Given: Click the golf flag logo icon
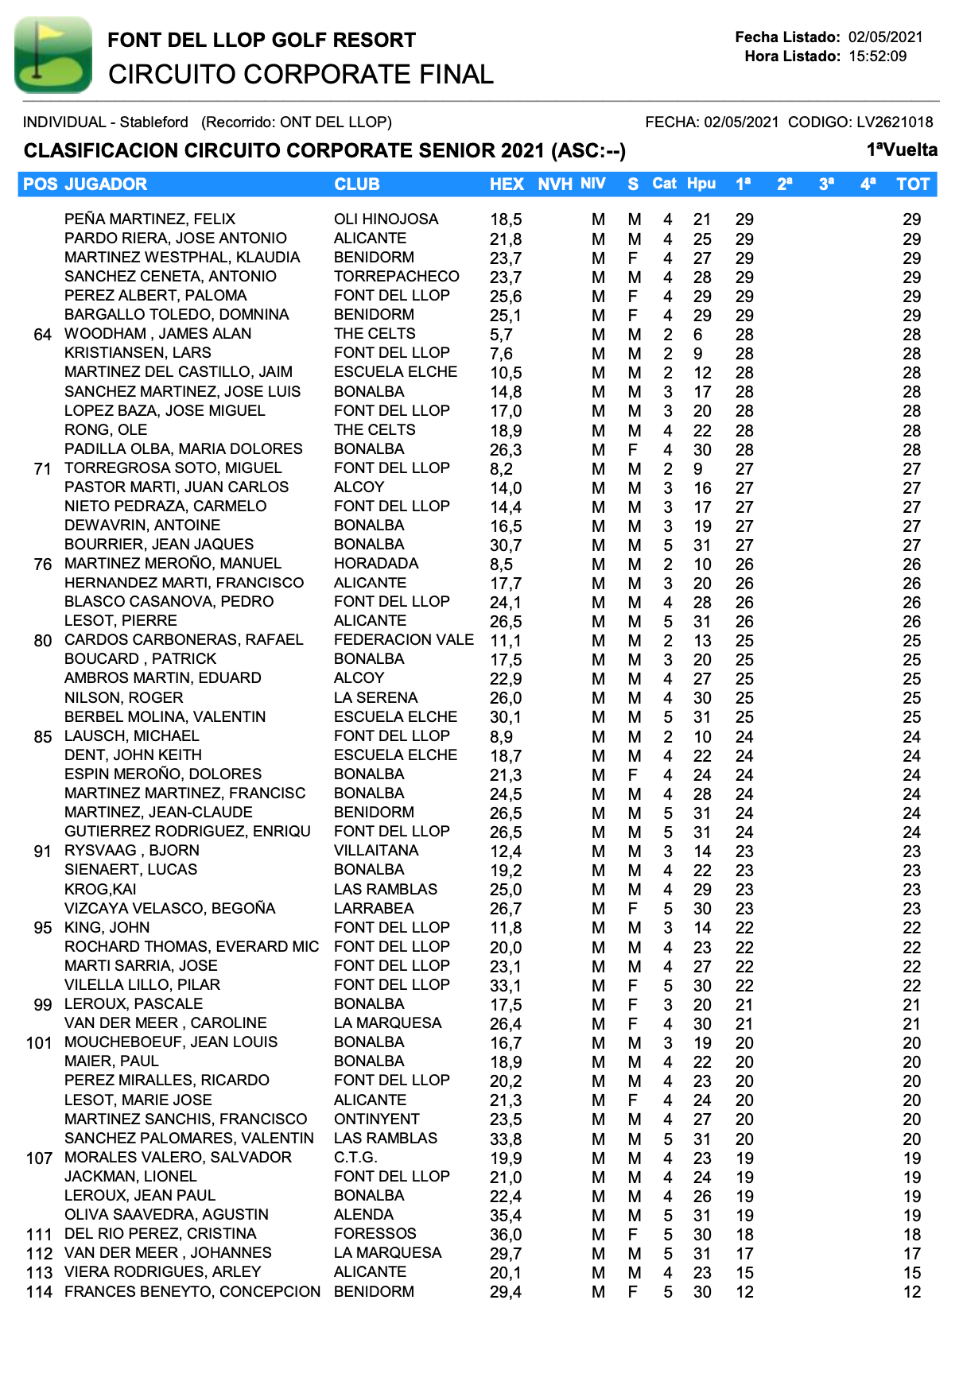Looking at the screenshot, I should click(52, 55).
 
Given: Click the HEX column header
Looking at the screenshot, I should click(507, 184).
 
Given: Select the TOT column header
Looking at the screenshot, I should click(912, 184).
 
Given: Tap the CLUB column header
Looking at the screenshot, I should click(356, 184).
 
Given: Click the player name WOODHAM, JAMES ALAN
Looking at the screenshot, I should click(157, 334).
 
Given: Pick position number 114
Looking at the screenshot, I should click(39, 1292).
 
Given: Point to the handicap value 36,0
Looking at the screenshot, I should click(506, 1235).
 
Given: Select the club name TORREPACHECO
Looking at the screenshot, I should click(396, 277).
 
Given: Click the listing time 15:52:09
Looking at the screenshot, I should click(877, 56).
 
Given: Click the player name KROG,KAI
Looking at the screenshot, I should click(100, 889).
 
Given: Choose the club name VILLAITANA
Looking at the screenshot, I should click(375, 851).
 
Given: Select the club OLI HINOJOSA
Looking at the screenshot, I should click(386, 219).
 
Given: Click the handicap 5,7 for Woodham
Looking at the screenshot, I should click(501, 335).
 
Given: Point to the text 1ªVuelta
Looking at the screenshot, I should click(902, 150).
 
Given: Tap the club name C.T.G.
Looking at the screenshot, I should click(355, 1158).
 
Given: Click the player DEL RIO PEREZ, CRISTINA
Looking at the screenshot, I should click(160, 1234).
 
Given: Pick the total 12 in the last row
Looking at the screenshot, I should click(911, 1292).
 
